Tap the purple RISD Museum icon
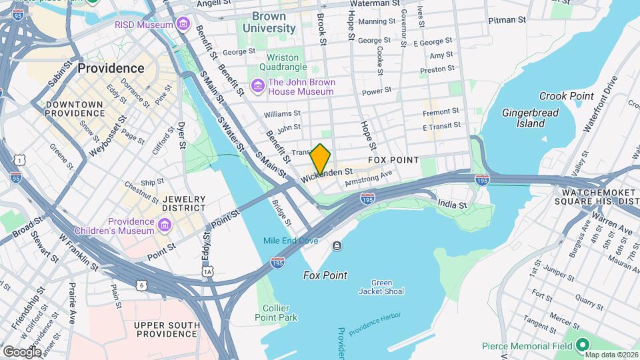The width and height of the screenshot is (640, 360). click(x=181, y=25)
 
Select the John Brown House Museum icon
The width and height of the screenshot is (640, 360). click(x=257, y=87)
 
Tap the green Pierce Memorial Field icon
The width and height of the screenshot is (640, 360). click(x=581, y=345)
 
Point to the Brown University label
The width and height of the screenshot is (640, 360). click(x=269, y=22)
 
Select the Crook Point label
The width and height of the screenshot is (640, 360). click(x=566, y=96)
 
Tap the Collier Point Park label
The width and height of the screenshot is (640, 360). click(x=276, y=313)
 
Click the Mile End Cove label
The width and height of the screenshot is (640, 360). click(x=290, y=241)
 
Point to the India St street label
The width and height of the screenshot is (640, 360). click(x=453, y=205)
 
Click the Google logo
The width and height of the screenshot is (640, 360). click(x=22, y=351)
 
